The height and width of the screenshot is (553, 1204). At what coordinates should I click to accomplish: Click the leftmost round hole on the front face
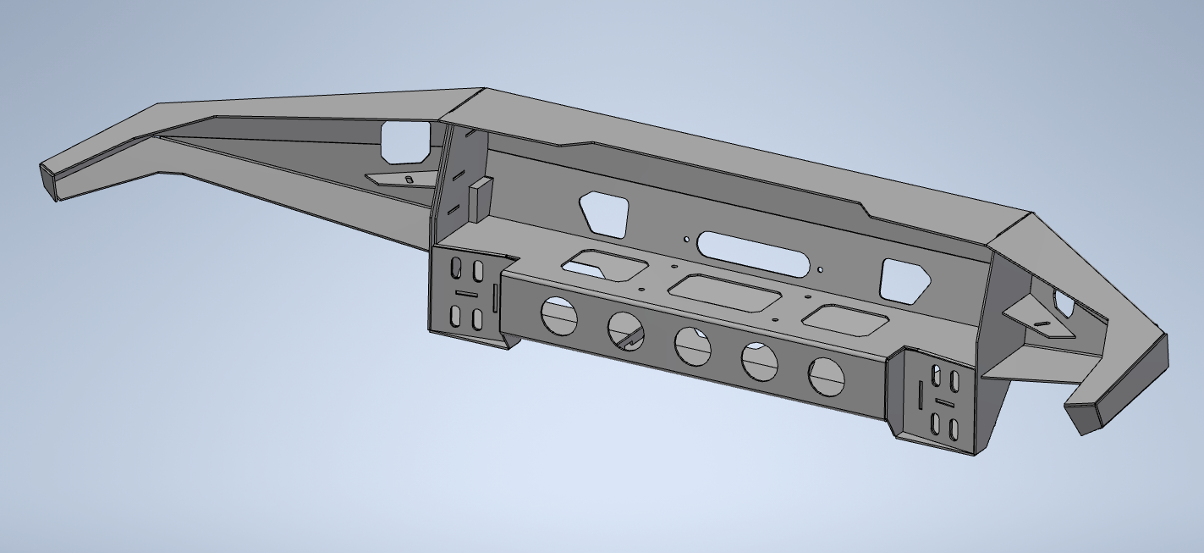[x=558, y=315]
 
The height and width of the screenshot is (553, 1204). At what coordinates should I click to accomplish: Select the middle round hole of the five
[x=692, y=345]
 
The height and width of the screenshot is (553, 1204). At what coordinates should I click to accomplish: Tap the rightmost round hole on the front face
[x=827, y=376]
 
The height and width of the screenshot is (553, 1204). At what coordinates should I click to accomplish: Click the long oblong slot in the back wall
[x=751, y=253]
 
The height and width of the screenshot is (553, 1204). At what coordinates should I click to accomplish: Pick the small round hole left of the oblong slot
[x=686, y=239]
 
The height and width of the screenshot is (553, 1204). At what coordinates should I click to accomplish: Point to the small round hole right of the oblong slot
[x=820, y=270]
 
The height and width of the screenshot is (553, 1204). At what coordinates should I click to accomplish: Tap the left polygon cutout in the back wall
[x=604, y=213]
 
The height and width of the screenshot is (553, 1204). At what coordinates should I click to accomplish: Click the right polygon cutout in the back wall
[x=904, y=281]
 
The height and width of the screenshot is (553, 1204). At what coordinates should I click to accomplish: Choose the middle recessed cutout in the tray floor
[x=724, y=292]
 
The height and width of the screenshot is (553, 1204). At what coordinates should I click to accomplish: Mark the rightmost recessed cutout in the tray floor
[x=844, y=318]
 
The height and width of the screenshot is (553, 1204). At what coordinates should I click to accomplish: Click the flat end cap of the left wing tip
[x=48, y=181]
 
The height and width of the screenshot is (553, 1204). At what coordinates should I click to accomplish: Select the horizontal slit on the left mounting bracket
[x=466, y=294]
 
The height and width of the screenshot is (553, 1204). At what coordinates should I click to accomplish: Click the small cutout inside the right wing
[x=1063, y=301]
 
